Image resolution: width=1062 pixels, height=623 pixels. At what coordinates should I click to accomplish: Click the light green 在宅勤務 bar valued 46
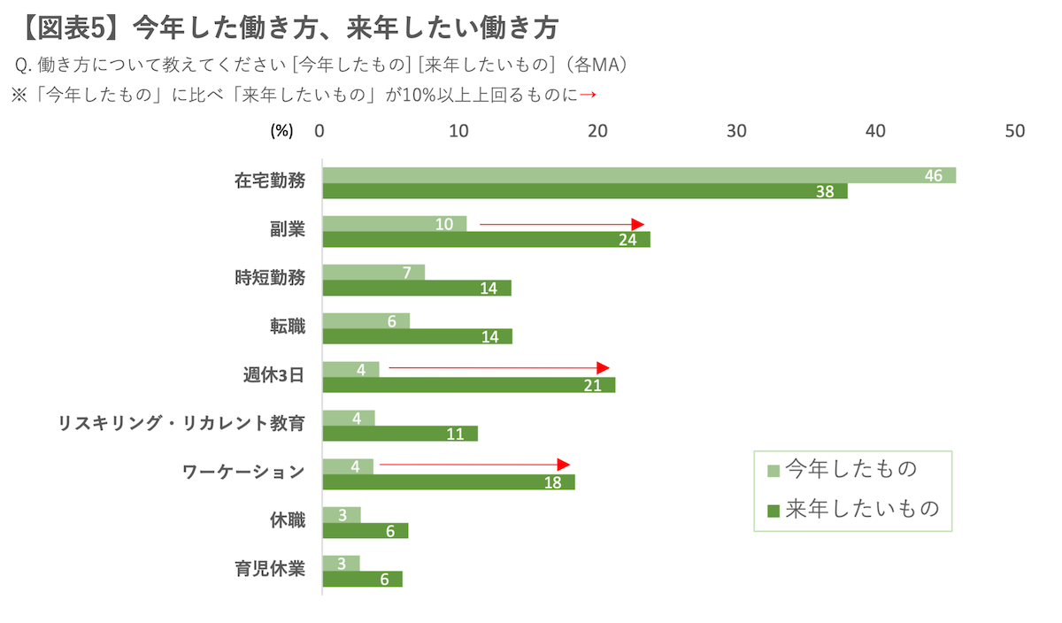637,175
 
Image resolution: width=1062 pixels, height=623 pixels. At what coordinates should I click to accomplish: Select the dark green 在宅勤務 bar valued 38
584,191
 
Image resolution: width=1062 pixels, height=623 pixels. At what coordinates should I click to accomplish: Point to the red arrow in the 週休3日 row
499,367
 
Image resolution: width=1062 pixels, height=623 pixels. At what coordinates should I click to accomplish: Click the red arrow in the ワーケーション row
474,464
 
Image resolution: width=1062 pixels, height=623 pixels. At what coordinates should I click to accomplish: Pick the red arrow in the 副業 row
561,225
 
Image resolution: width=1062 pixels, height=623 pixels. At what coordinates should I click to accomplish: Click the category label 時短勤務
270,278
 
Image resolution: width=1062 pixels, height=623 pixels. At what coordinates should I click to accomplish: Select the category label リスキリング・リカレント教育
181,423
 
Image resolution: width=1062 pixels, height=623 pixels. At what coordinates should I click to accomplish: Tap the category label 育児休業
270,568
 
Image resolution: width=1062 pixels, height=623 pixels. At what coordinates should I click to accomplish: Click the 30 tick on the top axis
737,131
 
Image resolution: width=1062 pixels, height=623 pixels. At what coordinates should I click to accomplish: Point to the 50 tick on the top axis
1015,131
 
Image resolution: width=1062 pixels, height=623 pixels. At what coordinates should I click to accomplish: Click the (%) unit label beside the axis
281,131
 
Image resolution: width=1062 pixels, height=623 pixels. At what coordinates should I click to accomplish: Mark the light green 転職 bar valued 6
366,320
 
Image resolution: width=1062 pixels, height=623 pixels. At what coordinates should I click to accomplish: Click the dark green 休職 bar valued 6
365,530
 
